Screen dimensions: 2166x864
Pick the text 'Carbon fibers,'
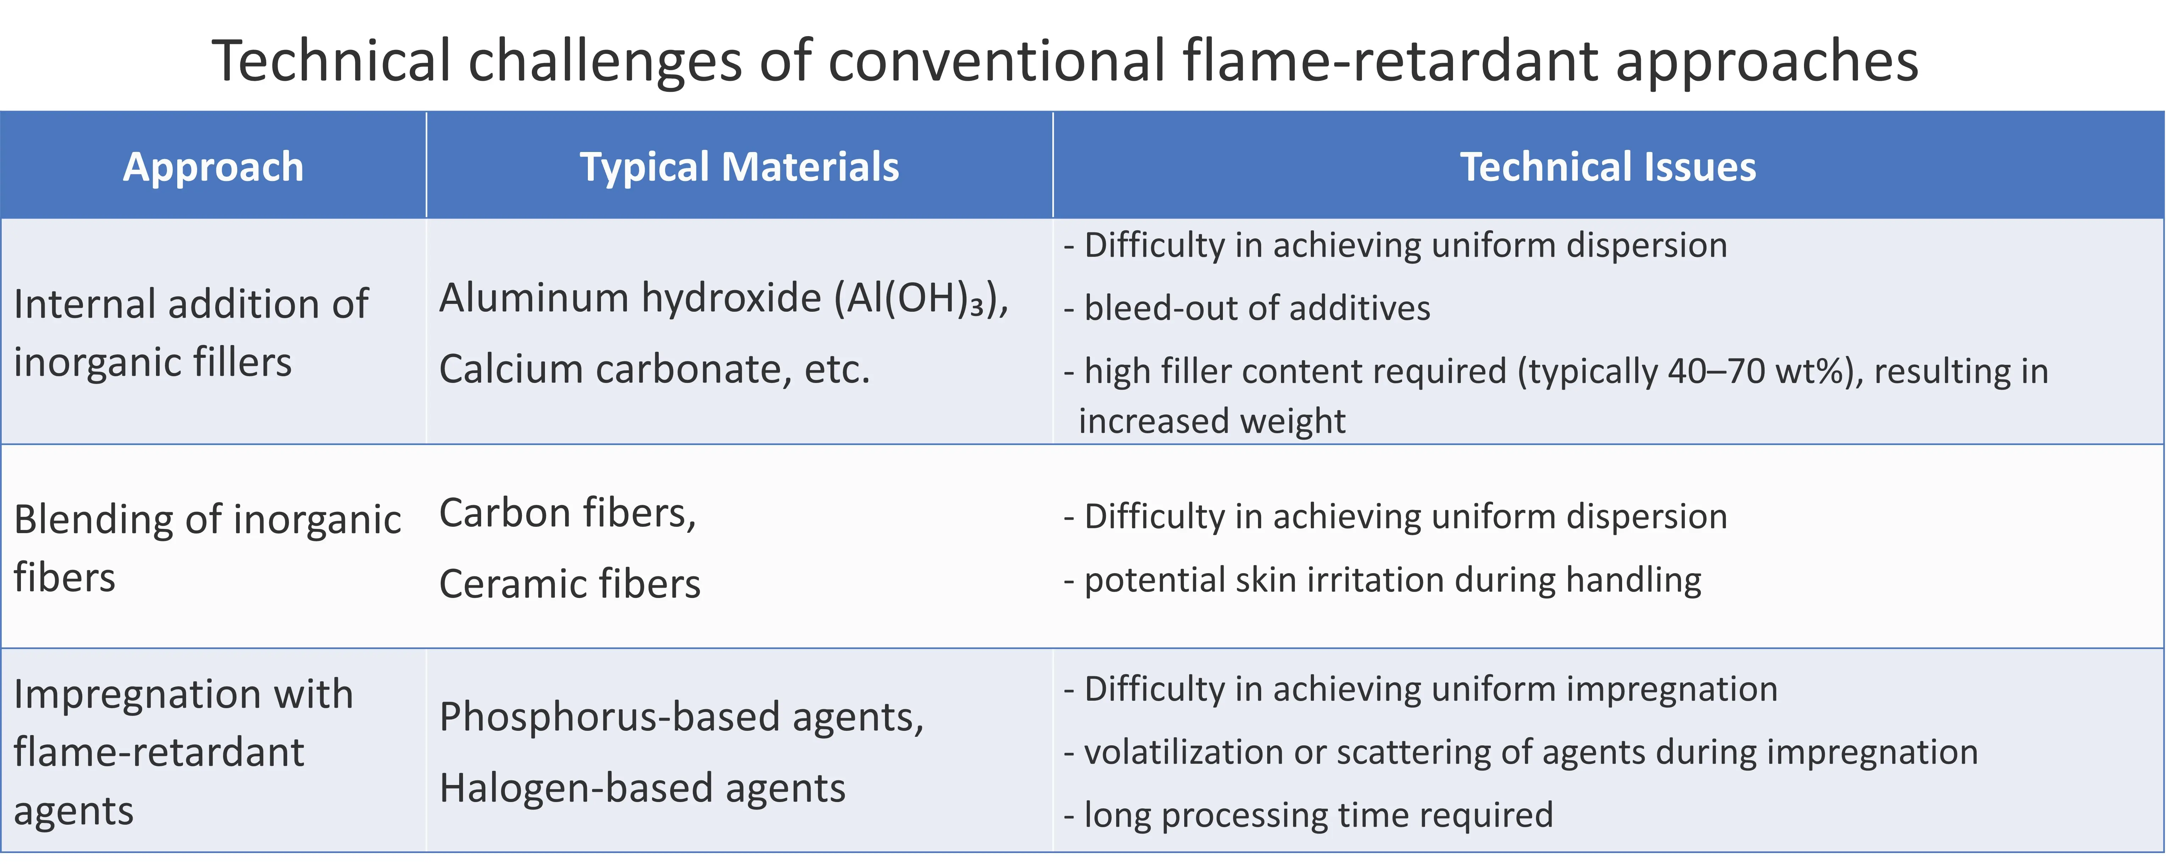568,513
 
